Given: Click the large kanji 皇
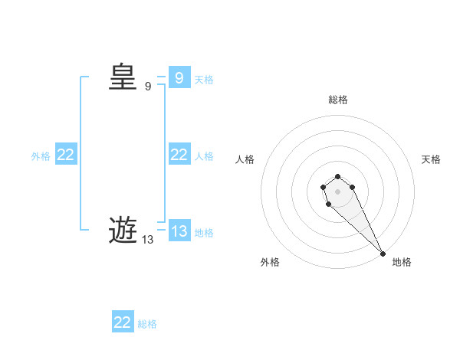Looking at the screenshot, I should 123,77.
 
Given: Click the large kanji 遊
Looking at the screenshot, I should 123,230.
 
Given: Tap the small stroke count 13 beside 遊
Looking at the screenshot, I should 147,240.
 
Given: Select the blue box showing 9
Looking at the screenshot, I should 179,77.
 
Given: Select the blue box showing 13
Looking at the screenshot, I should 179,231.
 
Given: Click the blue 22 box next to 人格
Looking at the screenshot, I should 179,155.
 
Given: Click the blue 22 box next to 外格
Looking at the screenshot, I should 66,155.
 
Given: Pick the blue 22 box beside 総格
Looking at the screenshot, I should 123,322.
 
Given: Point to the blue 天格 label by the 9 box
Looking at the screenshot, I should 204,79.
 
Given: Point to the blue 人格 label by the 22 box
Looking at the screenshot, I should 204,156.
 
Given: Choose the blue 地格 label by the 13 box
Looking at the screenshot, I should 204,233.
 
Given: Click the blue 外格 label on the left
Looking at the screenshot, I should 41,156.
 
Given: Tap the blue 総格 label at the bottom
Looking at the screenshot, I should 147,324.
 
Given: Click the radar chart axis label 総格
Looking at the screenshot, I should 338,100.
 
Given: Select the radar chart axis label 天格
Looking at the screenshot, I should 431,159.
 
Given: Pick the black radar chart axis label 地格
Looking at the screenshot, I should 402,262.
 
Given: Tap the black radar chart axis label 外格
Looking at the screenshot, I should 270,262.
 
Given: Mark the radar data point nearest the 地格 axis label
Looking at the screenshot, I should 383,254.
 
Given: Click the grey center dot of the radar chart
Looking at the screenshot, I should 337,191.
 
